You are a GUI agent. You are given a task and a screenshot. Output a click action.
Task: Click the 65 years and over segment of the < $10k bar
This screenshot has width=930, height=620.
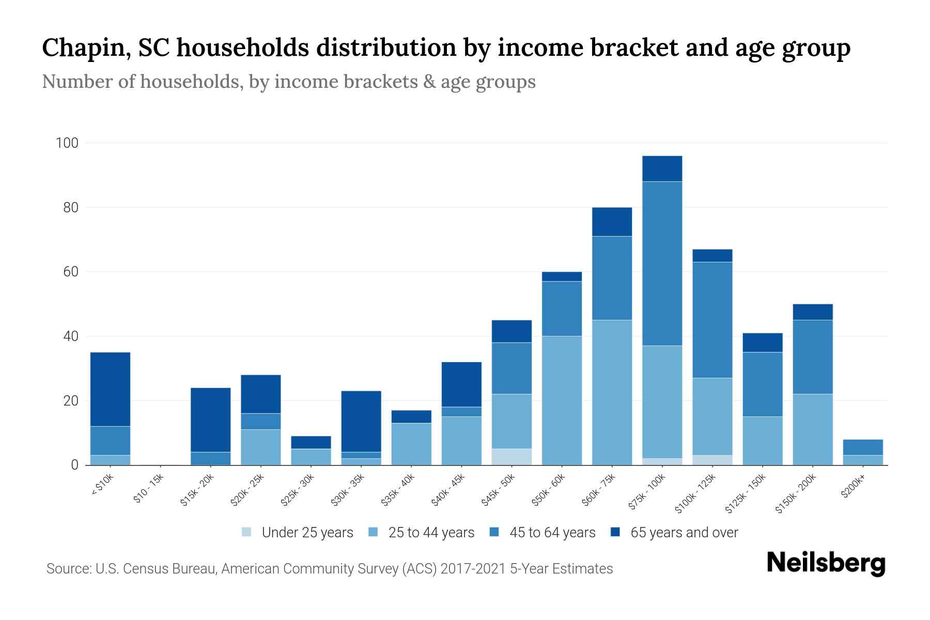[x=110, y=389]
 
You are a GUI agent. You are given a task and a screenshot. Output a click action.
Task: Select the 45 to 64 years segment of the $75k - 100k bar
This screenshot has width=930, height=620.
[x=662, y=263]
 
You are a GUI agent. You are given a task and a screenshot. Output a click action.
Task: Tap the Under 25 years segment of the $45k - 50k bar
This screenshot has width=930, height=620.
[x=512, y=457]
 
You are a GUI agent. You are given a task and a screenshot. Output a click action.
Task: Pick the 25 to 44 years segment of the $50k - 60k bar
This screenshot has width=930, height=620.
[x=562, y=400]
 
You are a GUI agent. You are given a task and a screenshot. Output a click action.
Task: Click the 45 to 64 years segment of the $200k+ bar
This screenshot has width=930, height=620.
[x=862, y=447]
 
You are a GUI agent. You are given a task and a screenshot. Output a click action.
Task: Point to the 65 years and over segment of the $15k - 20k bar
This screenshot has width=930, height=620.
[x=210, y=420]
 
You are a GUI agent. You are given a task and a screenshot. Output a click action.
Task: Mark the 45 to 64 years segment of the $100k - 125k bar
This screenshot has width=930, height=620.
[x=712, y=320]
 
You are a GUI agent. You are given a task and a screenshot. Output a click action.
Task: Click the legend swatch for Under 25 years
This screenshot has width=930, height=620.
[x=247, y=532]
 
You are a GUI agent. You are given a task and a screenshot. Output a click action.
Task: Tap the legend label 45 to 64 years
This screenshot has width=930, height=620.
[x=552, y=533]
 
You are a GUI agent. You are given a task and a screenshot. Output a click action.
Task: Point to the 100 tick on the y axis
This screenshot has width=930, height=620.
[x=67, y=143]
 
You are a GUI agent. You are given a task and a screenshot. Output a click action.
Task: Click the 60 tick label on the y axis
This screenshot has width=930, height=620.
[x=71, y=272]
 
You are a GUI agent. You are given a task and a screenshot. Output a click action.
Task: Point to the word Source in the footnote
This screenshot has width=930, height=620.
[x=67, y=569]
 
